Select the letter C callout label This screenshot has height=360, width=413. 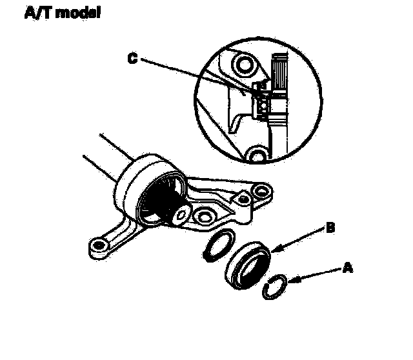(132, 59)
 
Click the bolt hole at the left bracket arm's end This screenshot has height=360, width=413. (99, 245)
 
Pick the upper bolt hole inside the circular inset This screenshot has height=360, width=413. (245, 65)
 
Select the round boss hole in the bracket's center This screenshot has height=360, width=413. (205, 217)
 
